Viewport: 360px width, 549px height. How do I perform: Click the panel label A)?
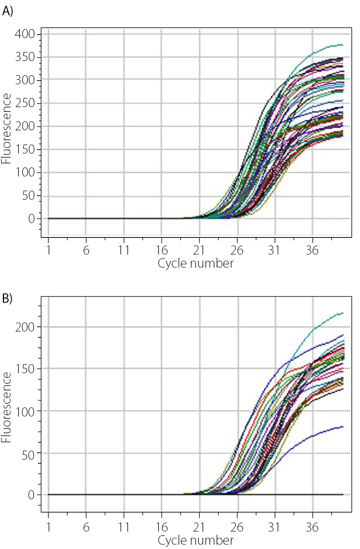[7, 11]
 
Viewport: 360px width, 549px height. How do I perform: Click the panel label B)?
[7, 298]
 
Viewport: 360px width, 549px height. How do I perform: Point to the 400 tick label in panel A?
[25, 34]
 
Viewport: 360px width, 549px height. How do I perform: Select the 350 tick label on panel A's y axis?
[25, 57]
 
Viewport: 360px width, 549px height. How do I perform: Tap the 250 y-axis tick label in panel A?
[25, 103]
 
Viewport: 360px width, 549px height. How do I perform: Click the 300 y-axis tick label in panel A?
[25, 80]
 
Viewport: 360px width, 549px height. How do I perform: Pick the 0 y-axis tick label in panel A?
[32, 219]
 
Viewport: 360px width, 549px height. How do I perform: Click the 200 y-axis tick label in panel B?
[25, 327]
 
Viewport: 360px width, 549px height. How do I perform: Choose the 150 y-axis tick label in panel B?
[25, 369]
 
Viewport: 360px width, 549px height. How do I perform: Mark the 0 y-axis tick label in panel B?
[32, 495]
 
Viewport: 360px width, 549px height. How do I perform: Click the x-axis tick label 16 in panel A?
[161, 250]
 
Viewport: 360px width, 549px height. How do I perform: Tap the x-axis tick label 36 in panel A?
[312, 250]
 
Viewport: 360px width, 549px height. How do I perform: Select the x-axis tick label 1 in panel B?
[49, 527]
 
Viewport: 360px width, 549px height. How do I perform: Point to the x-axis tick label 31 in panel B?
[274, 527]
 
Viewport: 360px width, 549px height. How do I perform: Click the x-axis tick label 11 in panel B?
[124, 527]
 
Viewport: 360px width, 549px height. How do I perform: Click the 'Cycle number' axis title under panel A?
[196, 263]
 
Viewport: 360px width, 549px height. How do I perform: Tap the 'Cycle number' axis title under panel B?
[196, 540]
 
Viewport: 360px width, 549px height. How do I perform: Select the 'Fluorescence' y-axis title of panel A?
[6, 129]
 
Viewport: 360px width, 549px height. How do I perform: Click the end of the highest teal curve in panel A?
[342, 45]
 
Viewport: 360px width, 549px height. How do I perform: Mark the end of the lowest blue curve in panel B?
[343, 427]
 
